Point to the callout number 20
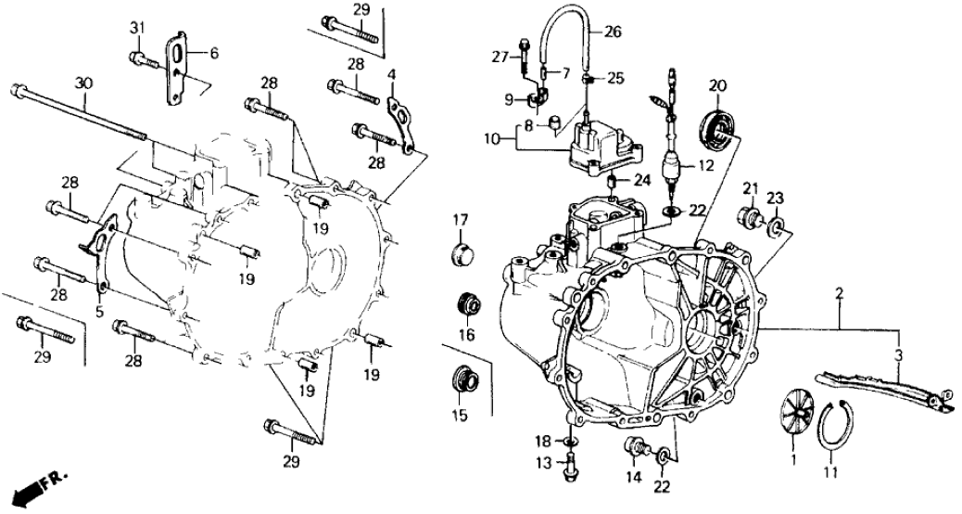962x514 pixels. (715, 86)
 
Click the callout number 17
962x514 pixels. (461, 220)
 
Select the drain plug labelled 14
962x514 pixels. (635, 448)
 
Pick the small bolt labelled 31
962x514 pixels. (140, 60)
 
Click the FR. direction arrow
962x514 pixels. (35, 487)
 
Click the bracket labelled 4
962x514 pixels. (399, 119)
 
